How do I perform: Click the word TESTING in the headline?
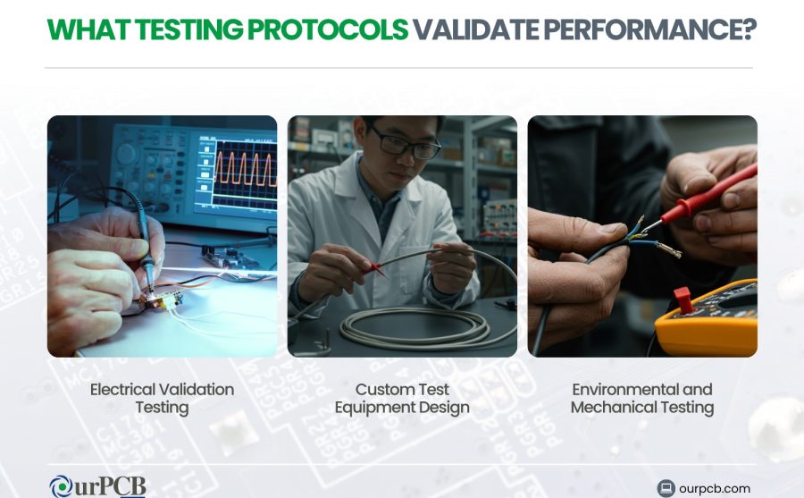(x=188, y=30)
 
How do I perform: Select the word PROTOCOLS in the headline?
(x=328, y=30)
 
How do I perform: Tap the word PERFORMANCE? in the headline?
(x=649, y=30)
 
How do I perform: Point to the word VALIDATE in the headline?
(x=476, y=30)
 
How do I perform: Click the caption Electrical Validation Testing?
(x=162, y=399)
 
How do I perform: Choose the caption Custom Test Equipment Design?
(x=402, y=399)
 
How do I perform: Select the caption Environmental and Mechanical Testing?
(x=642, y=399)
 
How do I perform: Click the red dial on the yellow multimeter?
(x=683, y=300)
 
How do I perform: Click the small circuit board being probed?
(x=162, y=300)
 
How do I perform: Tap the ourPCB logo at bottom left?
(x=97, y=485)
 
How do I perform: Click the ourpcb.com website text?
(x=715, y=489)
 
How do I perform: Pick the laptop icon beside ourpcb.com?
(x=666, y=488)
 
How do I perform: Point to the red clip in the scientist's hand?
(x=376, y=268)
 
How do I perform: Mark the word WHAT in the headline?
(x=88, y=30)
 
